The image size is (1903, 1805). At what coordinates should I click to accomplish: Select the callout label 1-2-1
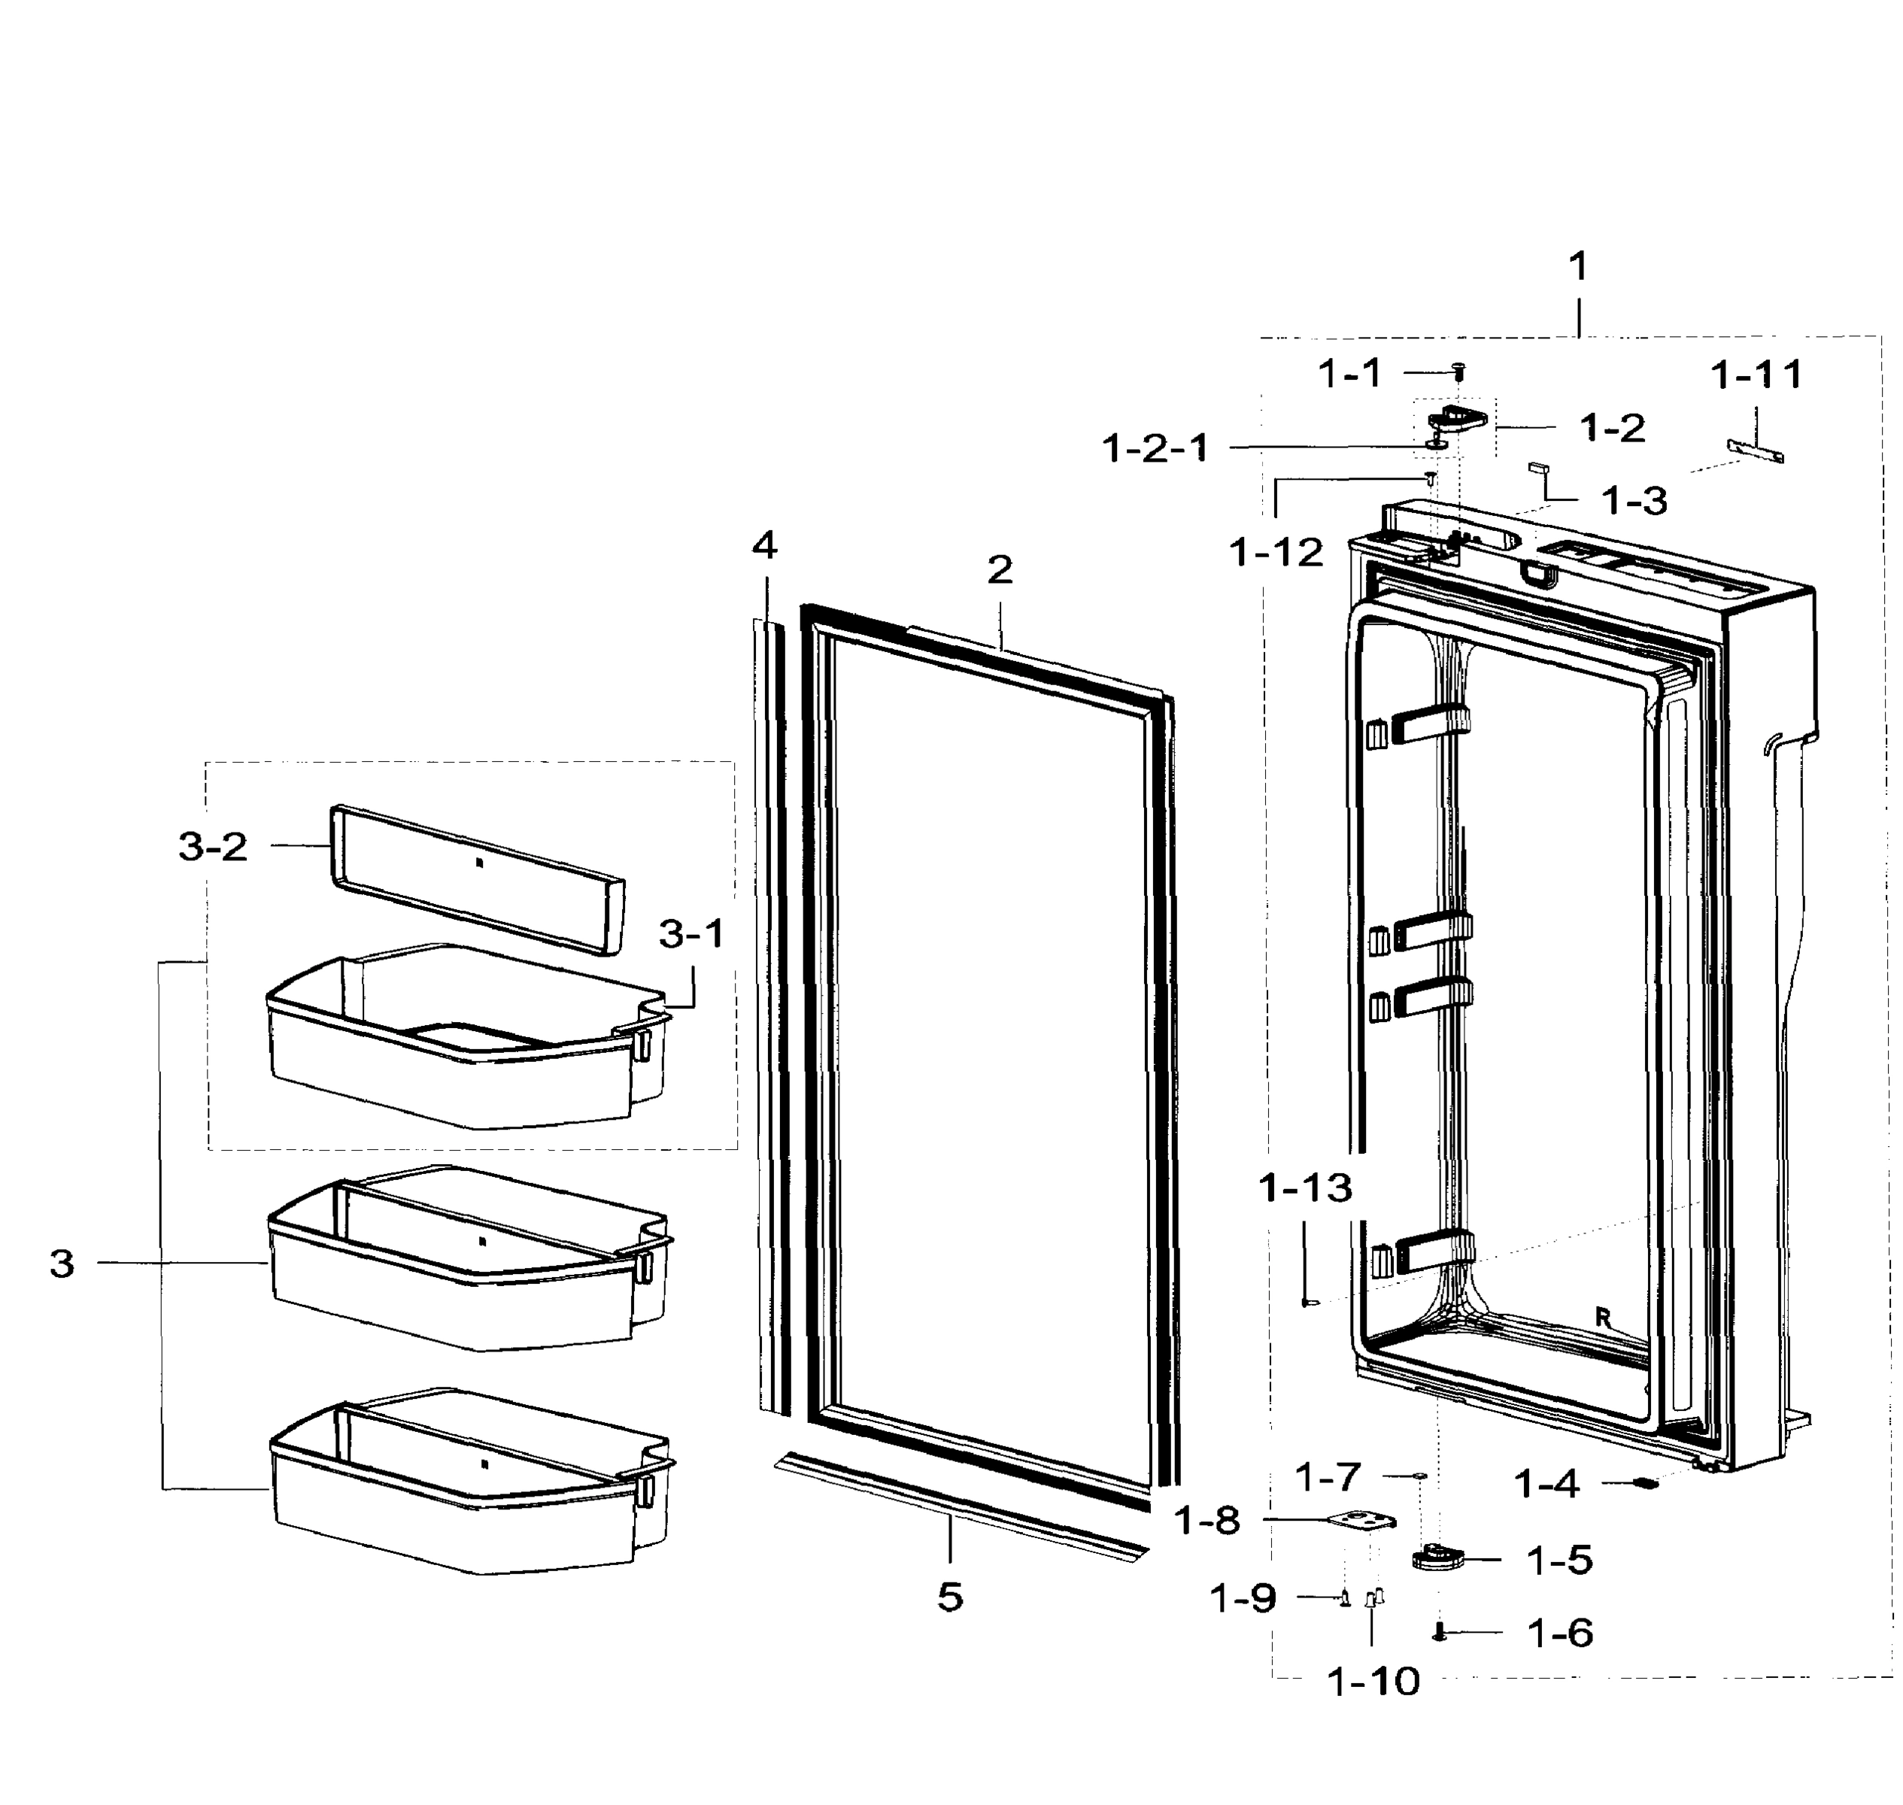click(1155, 448)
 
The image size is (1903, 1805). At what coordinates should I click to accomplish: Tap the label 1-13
click(1306, 1188)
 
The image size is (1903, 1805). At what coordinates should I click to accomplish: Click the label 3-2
click(213, 847)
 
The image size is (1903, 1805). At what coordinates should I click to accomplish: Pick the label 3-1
click(692, 933)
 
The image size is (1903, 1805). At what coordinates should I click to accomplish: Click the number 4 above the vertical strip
click(764, 547)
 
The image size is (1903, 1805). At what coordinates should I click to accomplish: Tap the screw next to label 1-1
click(1458, 372)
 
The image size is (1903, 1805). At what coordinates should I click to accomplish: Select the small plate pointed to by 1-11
click(1756, 450)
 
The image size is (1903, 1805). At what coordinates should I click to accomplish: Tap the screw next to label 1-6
click(1439, 1632)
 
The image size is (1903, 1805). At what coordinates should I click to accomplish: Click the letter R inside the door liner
click(1602, 1317)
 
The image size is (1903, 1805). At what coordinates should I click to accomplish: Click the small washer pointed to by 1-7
click(1420, 1475)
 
